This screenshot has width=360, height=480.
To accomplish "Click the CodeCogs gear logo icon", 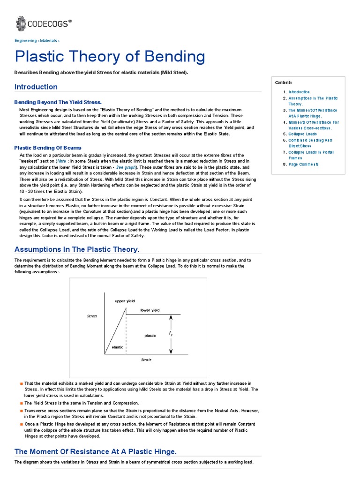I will (x=21, y=23).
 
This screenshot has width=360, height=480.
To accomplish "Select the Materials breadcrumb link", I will (x=48, y=41).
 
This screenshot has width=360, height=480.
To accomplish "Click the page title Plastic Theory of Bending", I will (x=110, y=57).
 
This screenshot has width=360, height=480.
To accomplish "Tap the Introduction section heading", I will (x=36, y=87).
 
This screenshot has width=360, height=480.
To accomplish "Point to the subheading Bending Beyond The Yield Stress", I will (x=58, y=102).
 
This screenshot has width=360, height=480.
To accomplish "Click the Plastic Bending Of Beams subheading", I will (x=48, y=148).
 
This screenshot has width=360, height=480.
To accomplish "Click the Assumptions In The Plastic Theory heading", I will (x=77, y=249).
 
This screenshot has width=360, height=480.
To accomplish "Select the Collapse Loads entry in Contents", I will (x=303, y=134).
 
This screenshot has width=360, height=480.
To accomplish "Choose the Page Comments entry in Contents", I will (x=303, y=165).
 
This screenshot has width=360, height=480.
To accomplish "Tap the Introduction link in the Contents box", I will (x=299, y=92).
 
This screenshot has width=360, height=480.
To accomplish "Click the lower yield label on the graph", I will (x=150, y=310).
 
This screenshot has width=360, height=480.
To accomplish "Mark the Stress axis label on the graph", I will (x=92, y=316).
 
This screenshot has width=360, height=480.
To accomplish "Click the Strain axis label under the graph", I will (x=147, y=360).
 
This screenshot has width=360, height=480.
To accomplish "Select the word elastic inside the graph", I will (x=117, y=347).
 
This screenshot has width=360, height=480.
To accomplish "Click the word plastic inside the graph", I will (x=150, y=336).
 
